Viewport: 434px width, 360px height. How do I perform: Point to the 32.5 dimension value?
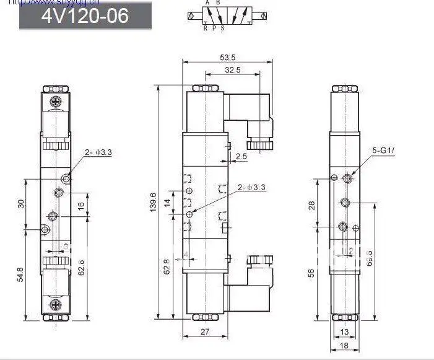[x=233, y=71]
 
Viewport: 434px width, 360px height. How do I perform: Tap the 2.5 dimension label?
[x=241, y=157]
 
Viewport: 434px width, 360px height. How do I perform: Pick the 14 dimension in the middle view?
[x=167, y=203]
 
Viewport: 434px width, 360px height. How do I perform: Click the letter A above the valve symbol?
[x=209, y=4]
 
